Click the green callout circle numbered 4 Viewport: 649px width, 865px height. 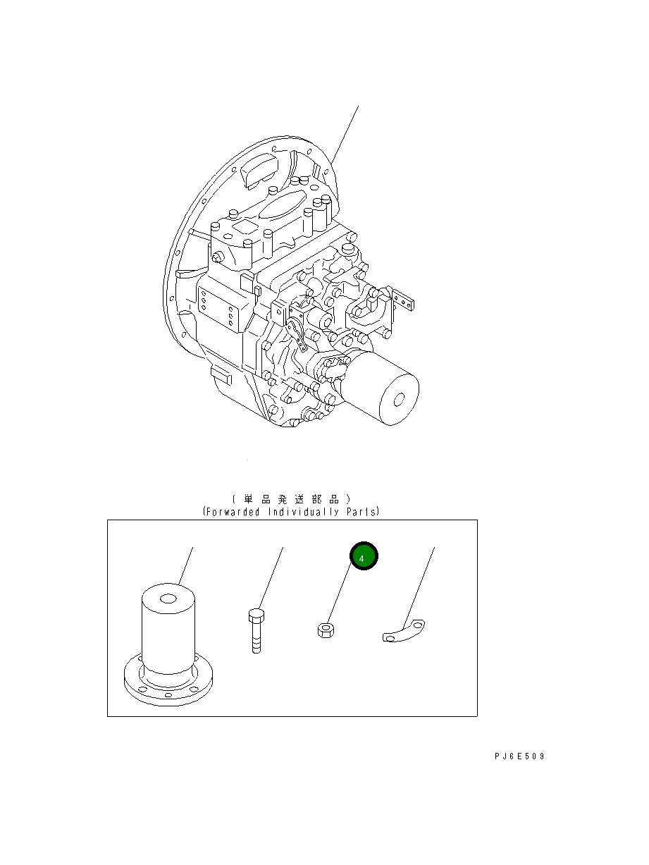pos(364,557)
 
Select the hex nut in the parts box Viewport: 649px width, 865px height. pos(325,630)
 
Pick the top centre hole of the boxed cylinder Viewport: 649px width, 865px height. pos(168,599)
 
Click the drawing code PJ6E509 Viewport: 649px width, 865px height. pos(519,756)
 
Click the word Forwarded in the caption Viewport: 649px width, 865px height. pos(233,512)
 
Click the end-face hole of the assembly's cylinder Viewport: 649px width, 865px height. pos(398,400)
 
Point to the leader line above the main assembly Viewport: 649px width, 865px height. pos(346,134)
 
